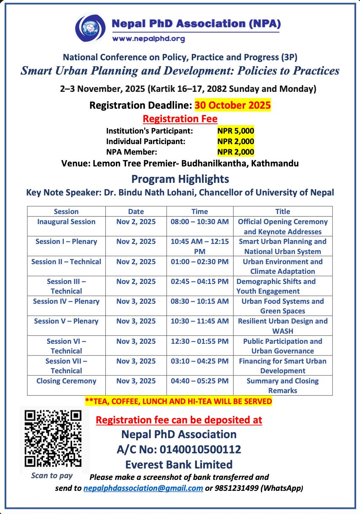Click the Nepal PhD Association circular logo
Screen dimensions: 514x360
(x=90, y=28)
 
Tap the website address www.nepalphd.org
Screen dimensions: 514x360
(x=148, y=39)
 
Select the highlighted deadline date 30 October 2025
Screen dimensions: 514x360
(x=233, y=105)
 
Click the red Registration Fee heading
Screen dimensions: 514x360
(x=180, y=119)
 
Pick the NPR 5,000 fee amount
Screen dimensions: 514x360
(x=236, y=131)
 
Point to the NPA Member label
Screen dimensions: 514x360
(x=132, y=152)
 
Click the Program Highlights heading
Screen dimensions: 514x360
(x=180, y=179)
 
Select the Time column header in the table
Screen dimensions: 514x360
(x=199, y=211)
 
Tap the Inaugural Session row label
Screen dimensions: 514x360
(x=66, y=222)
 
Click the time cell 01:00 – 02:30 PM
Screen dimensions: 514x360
(x=199, y=262)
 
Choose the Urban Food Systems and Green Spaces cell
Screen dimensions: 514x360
(x=282, y=306)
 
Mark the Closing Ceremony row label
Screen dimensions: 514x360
(x=66, y=381)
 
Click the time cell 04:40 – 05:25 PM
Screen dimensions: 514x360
(x=199, y=381)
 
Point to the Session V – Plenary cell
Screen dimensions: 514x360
(x=66, y=321)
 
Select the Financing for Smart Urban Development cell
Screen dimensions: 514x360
(x=282, y=366)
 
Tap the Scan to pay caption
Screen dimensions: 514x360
(x=52, y=476)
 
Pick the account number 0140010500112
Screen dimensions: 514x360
(x=200, y=450)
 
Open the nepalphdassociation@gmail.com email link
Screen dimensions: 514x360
(x=143, y=488)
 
